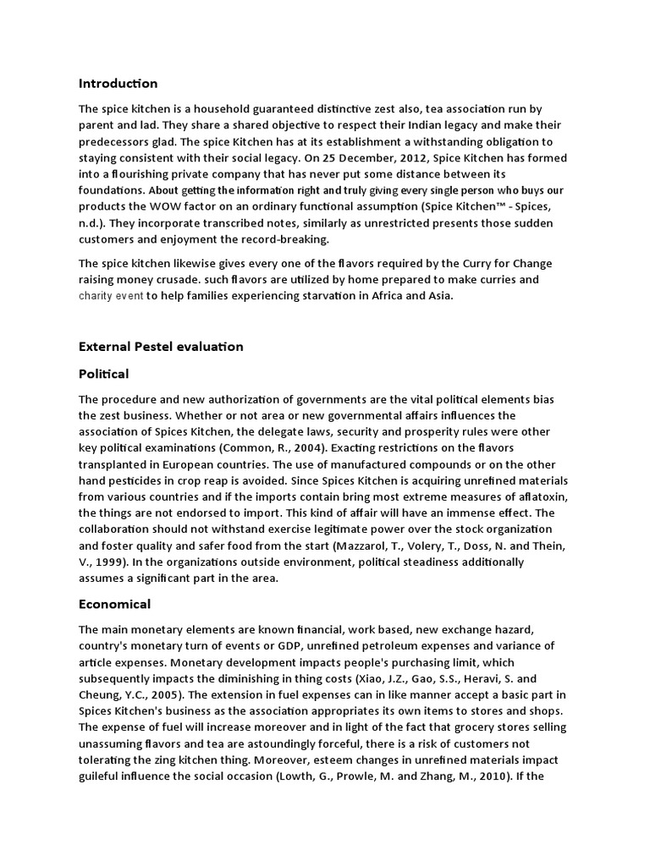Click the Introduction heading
tap(118, 83)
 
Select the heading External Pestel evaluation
tap(161, 346)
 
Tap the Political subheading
tap(103, 373)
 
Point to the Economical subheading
tap(114, 604)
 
